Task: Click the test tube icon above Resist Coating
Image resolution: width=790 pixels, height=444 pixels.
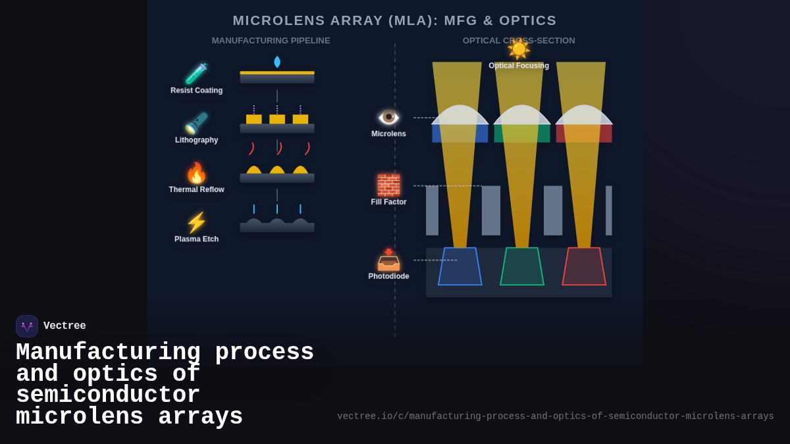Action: point(196,73)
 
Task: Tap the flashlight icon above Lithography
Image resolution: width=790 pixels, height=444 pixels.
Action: point(196,123)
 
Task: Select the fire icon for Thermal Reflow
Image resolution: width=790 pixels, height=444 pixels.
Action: point(196,173)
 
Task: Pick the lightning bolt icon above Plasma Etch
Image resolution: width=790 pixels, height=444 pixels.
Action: point(196,222)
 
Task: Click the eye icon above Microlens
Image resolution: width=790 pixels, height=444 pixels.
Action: point(388,117)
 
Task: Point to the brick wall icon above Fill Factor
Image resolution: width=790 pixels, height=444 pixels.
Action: point(388,185)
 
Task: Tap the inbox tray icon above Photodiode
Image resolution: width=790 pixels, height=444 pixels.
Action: point(388,260)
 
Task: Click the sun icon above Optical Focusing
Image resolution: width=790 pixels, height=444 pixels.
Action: point(519,49)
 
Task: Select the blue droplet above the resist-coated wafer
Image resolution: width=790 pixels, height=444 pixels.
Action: point(277,62)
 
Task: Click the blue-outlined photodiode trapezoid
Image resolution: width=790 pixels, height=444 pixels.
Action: point(460,266)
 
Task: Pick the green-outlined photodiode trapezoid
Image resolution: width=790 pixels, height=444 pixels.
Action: point(522,266)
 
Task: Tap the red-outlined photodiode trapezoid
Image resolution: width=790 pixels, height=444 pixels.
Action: point(584,266)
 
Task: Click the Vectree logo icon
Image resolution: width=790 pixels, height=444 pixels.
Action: point(27,326)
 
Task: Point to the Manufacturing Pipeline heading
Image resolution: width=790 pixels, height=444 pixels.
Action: point(271,41)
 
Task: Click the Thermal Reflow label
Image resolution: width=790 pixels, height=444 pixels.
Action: point(196,189)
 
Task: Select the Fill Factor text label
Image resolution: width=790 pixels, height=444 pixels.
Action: point(388,202)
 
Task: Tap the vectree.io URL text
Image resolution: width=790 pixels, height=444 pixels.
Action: point(555,416)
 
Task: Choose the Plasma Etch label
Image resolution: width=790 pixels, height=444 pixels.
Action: point(196,239)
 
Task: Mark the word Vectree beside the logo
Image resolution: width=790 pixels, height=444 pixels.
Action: point(65,326)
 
